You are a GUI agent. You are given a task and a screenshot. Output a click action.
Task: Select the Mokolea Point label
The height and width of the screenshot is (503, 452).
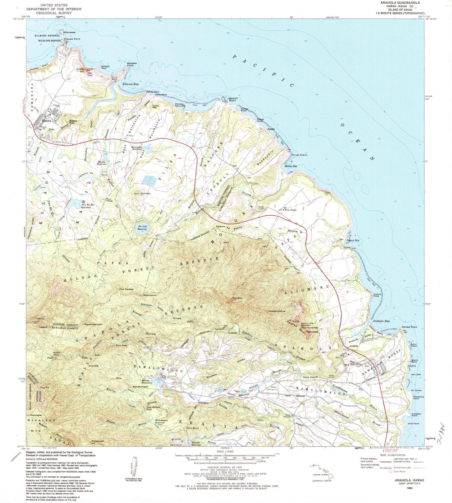pos(130,64)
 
